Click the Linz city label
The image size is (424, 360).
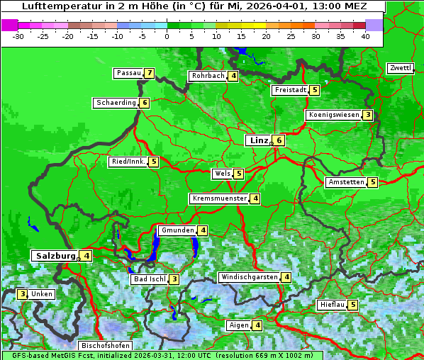(258, 140)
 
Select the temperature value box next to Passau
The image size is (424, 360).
(149, 73)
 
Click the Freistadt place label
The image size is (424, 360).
(290, 90)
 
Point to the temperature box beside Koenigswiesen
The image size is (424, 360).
(367, 115)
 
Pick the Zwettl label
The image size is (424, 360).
(400, 68)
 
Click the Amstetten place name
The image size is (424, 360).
(346, 182)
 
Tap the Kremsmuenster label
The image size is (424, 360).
(219, 198)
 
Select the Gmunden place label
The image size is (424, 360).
(177, 230)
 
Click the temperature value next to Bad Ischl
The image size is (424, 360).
(174, 279)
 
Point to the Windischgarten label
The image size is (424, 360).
(249, 277)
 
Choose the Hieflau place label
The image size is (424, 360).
(332, 305)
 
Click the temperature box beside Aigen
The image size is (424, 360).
(257, 325)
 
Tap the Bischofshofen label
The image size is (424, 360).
(105, 345)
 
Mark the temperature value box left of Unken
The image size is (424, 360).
(23, 293)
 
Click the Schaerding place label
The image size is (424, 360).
(116, 103)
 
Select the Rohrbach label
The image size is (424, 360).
(208, 76)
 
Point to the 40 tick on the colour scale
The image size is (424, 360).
(365, 36)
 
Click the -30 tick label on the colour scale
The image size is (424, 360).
(18, 36)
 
